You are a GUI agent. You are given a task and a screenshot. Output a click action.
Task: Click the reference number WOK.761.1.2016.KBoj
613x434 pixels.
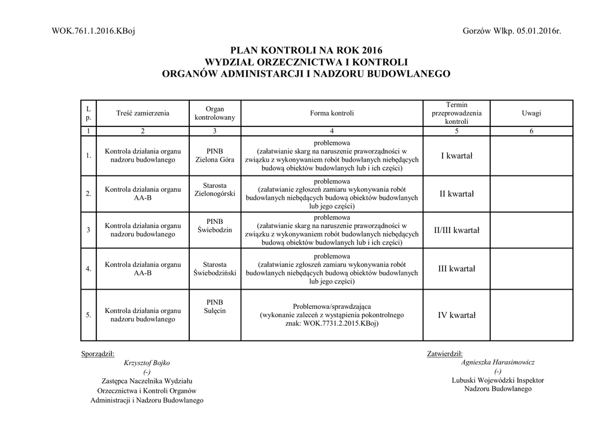(93, 31)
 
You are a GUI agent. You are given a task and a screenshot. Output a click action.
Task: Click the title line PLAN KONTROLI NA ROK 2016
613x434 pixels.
(306, 50)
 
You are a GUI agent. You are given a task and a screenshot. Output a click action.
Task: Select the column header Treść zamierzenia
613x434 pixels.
(143, 113)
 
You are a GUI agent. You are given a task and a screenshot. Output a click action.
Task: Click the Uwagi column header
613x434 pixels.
(531, 113)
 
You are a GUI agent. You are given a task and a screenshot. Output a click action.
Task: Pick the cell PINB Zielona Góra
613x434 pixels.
(215, 156)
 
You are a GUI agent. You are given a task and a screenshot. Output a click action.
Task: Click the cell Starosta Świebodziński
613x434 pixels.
(215, 268)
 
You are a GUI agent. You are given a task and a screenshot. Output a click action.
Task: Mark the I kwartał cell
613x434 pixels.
(457, 156)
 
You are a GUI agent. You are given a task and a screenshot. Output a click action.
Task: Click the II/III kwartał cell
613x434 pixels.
(457, 230)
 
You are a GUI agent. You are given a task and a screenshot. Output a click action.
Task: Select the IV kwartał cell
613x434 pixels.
(457, 315)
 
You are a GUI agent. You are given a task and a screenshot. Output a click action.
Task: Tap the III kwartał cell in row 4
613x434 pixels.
(457, 269)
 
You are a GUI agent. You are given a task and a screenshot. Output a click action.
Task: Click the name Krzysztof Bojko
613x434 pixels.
(147, 363)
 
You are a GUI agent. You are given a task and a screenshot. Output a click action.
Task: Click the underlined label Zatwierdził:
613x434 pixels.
(444, 353)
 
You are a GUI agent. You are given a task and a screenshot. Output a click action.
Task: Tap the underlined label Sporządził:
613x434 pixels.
(98, 353)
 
